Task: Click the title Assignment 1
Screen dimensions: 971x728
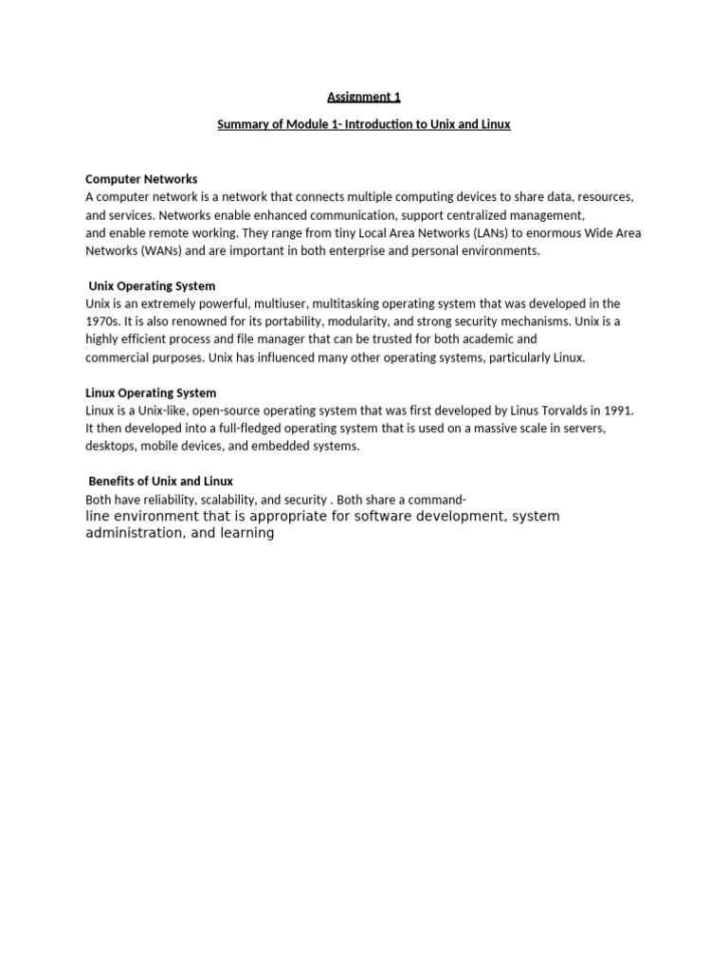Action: (x=357, y=97)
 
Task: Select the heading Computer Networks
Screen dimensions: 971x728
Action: (x=141, y=179)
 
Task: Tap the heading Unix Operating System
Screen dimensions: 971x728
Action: (x=152, y=285)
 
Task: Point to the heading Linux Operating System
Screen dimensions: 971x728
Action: (x=151, y=393)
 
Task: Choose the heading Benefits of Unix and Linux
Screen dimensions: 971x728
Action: (x=160, y=481)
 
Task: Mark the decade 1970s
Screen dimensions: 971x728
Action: (x=101, y=321)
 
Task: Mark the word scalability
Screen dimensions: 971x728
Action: (x=221, y=500)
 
